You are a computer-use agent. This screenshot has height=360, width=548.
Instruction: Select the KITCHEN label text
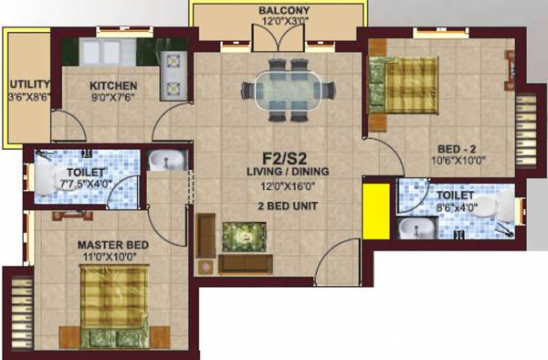click(114, 87)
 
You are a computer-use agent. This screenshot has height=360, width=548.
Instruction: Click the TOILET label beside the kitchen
click(86, 173)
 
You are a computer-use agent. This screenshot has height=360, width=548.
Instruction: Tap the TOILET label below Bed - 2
click(455, 196)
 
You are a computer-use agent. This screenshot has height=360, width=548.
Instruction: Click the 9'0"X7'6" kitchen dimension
click(114, 101)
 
